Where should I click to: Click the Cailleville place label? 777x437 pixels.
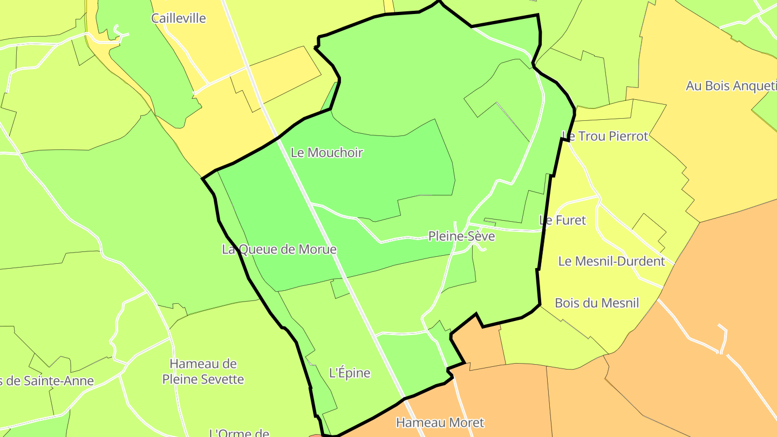click(179, 18)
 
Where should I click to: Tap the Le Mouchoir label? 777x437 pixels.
click(327, 153)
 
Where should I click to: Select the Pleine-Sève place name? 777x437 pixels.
click(461, 236)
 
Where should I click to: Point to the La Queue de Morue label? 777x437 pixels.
click(279, 249)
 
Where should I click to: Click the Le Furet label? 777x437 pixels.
click(562, 220)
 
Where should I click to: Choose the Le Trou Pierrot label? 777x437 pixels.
click(605, 136)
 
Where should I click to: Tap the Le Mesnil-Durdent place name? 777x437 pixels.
click(611, 262)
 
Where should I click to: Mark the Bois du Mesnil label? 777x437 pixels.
click(597, 303)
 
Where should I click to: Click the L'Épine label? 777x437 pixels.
click(350, 373)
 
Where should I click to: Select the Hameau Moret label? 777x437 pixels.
click(440, 422)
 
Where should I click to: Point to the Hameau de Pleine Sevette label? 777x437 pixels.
click(203, 371)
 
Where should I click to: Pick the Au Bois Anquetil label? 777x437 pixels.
click(731, 86)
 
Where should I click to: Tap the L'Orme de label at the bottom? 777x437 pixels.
click(239, 433)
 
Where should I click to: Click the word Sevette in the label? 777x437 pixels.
click(221, 379)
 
